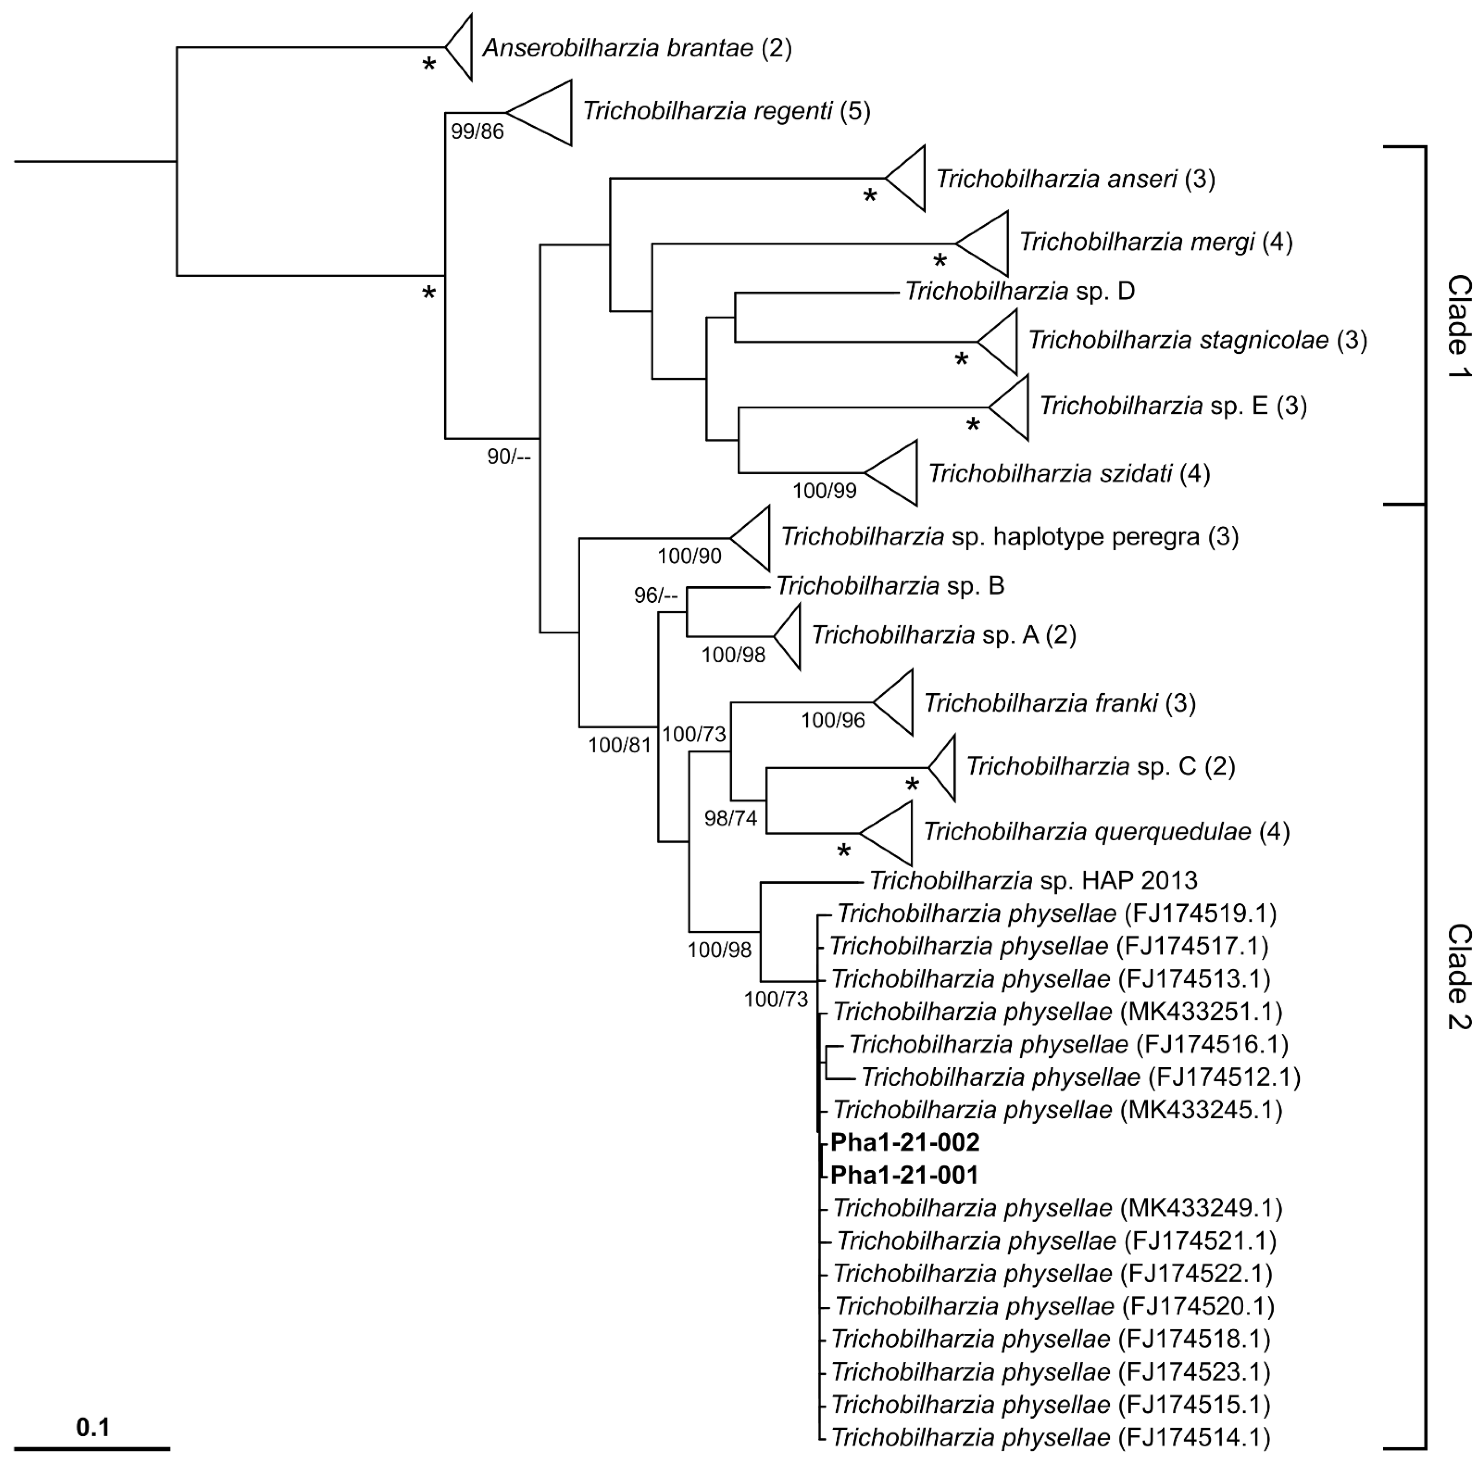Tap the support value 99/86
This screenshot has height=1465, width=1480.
coord(477,132)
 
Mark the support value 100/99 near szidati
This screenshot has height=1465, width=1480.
coord(824,490)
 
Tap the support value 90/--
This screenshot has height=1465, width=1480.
coord(509,458)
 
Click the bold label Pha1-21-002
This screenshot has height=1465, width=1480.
coord(905,1142)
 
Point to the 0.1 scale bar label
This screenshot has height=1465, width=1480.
coord(93,1428)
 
